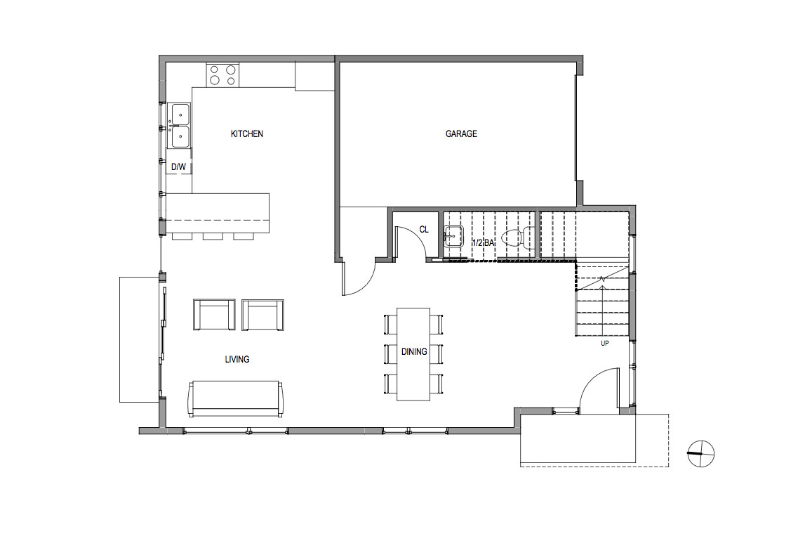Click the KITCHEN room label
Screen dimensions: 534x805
click(247, 133)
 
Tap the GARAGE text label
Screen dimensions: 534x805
click(461, 133)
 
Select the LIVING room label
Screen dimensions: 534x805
click(237, 359)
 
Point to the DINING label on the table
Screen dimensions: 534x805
click(414, 351)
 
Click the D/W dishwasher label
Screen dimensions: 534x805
click(179, 167)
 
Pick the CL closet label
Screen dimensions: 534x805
click(424, 229)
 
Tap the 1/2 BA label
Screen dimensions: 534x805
click(484, 242)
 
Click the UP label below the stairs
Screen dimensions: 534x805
click(604, 344)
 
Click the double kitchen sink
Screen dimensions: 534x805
click(180, 125)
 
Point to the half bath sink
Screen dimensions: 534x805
click(453, 237)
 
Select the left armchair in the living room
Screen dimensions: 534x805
click(213, 315)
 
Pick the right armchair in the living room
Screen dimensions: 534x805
click(263, 315)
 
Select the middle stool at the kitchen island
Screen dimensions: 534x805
click(213, 236)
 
